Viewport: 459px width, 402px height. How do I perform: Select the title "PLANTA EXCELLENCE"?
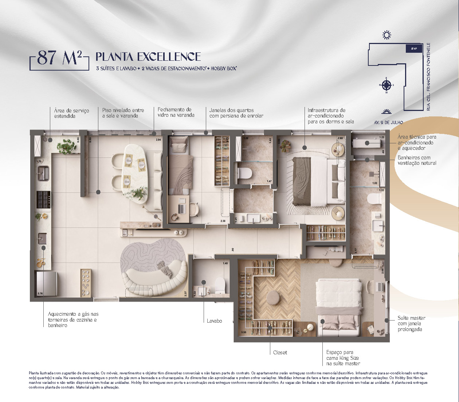tap(148, 57)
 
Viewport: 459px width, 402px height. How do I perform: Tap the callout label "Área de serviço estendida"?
tap(71, 113)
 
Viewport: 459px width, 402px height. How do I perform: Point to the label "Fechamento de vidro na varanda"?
tap(176, 112)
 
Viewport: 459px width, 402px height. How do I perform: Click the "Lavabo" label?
tap(214, 321)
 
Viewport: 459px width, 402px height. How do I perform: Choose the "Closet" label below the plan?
tap(280, 353)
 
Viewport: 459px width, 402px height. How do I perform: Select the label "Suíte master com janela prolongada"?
tap(411, 323)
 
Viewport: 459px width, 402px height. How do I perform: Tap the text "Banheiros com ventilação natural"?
tap(417, 160)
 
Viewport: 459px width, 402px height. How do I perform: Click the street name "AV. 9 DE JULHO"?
tap(388, 123)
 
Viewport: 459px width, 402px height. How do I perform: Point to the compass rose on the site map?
tap(387, 85)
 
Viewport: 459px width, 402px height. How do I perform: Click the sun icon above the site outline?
tap(387, 35)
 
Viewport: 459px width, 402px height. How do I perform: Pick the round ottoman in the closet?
tap(273, 298)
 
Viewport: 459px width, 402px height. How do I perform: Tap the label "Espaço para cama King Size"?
tap(343, 358)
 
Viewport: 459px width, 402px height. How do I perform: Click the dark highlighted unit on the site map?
tap(413, 48)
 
